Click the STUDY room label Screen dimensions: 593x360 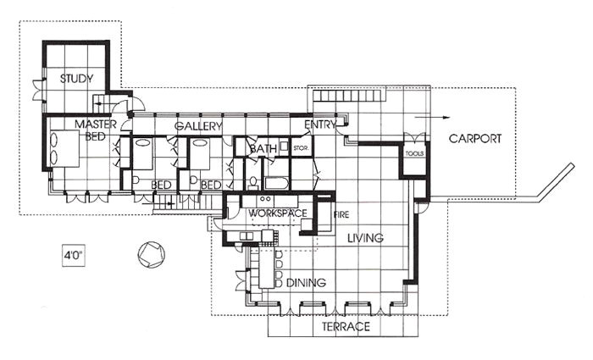pyautogui.click(x=76, y=79)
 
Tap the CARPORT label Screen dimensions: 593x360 pyautogui.click(x=475, y=138)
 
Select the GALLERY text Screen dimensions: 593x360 pyautogui.click(x=198, y=126)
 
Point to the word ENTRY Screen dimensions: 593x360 pyautogui.click(x=320, y=125)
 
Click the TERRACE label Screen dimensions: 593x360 pyautogui.click(x=346, y=326)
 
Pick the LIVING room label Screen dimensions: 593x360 pyautogui.click(x=365, y=238)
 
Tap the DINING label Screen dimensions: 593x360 pyautogui.click(x=306, y=282)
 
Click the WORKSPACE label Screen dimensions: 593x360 pyautogui.click(x=278, y=213)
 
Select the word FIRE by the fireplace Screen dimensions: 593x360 pyautogui.click(x=341, y=215)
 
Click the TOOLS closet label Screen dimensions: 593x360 pyautogui.click(x=414, y=153)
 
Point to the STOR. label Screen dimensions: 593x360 pyautogui.click(x=301, y=148)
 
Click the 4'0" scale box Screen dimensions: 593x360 pyautogui.click(x=74, y=255)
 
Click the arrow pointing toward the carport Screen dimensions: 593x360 pyautogui.click(x=432, y=117)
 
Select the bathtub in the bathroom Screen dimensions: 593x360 pyautogui.click(x=276, y=183)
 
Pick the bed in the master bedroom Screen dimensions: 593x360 pyautogui.click(x=64, y=148)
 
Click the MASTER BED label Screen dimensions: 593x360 pyautogui.click(x=96, y=130)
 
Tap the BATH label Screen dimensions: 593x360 pyautogui.click(x=263, y=149)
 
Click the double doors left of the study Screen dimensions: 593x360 pyautogui.click(x=39, y=90)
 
